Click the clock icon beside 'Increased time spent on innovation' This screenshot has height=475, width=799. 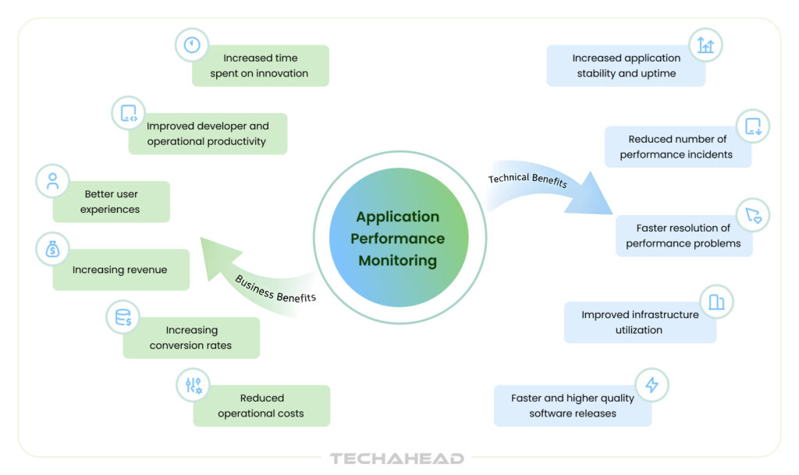tap(192, 45)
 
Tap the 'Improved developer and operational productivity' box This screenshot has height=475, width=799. tap(208, 134)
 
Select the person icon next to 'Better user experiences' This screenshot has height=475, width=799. tap(53, 182)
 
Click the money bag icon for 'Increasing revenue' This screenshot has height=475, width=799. tap(53, 250)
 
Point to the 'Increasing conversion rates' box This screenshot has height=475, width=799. tap(191, 338)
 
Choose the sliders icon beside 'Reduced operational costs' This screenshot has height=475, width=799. tap(193, 385)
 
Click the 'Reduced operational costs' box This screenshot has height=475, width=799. tap(261, 406)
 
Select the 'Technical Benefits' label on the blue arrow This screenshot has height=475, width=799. tap(527, 179)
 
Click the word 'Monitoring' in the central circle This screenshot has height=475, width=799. tap(398, 261)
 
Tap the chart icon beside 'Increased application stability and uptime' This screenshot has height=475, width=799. tap(705, 45)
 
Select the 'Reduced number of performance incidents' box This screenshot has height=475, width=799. tap(677, 147)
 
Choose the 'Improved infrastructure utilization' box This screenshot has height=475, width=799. tap(640, 322)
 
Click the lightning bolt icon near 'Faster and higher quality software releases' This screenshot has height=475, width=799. tap(652, 385)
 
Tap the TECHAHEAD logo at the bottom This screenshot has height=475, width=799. tap(396, 459)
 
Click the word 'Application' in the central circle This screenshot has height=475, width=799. tap(398, 217)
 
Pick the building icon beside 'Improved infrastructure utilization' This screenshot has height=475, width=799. tap(716, 301)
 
